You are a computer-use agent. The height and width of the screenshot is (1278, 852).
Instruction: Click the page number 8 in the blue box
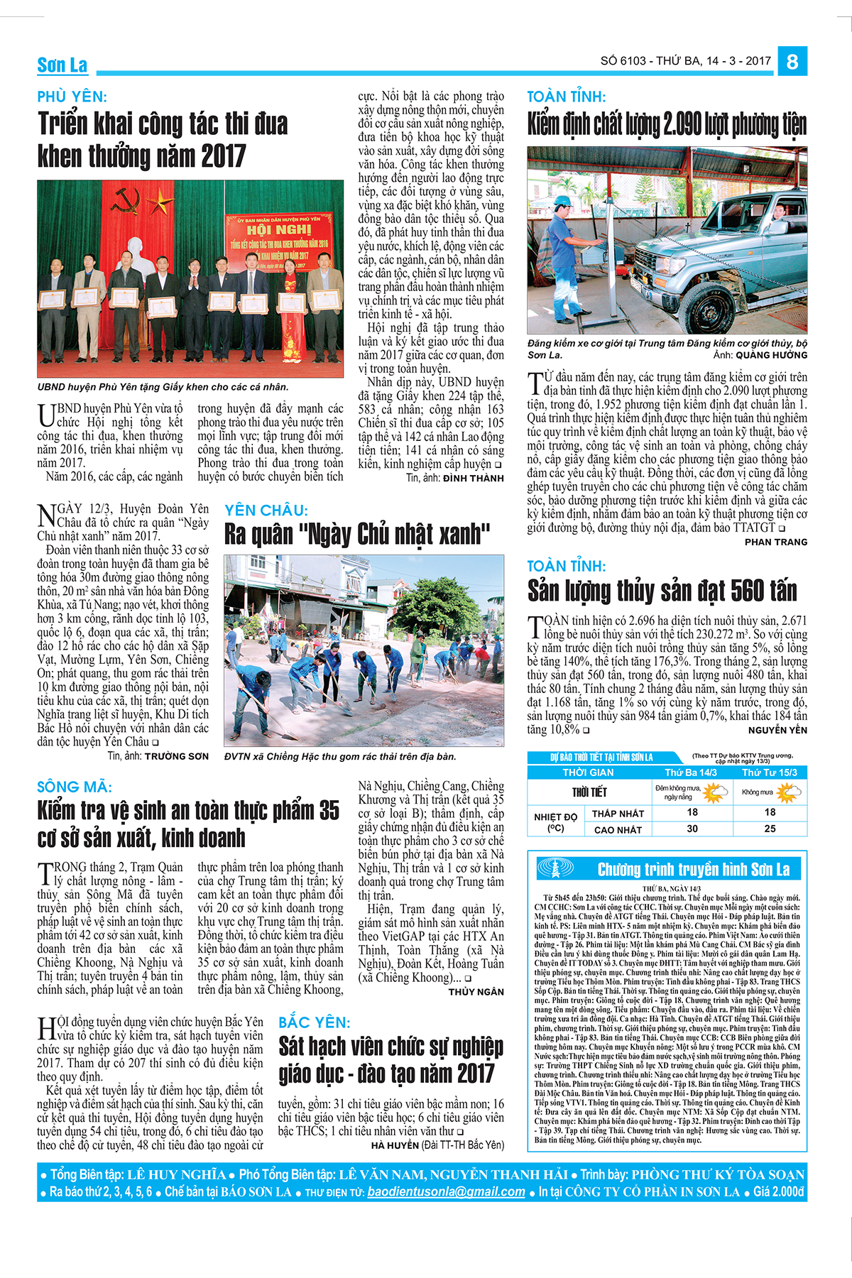(x=792, y=61)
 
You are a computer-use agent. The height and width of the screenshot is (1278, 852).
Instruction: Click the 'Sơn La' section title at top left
(x=62, y=65)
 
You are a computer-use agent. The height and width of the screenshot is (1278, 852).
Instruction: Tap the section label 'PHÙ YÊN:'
(x=72, y=97)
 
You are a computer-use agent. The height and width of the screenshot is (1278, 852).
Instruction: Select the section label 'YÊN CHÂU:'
(x=266, y=510)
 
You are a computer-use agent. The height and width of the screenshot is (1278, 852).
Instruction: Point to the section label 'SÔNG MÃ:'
(x=75, y=787)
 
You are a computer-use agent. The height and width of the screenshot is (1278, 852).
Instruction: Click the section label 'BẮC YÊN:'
(x=315, y=1022)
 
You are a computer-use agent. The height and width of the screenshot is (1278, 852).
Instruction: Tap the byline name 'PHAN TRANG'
(x=776, y=542)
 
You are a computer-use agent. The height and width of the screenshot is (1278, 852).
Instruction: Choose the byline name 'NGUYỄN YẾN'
(x=777, y=730)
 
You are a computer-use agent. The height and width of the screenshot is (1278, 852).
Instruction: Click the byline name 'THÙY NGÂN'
(x=476, y=991)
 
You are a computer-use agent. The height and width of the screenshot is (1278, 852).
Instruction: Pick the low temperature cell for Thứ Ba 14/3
(x=692, y=812)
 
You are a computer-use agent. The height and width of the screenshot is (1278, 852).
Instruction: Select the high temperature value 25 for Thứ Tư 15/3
(x=770, y=829)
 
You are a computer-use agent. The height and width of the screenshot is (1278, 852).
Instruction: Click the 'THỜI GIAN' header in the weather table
(x=588, y=772)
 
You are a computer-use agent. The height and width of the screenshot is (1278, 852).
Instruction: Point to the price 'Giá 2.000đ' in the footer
(x=779, y=1192)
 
